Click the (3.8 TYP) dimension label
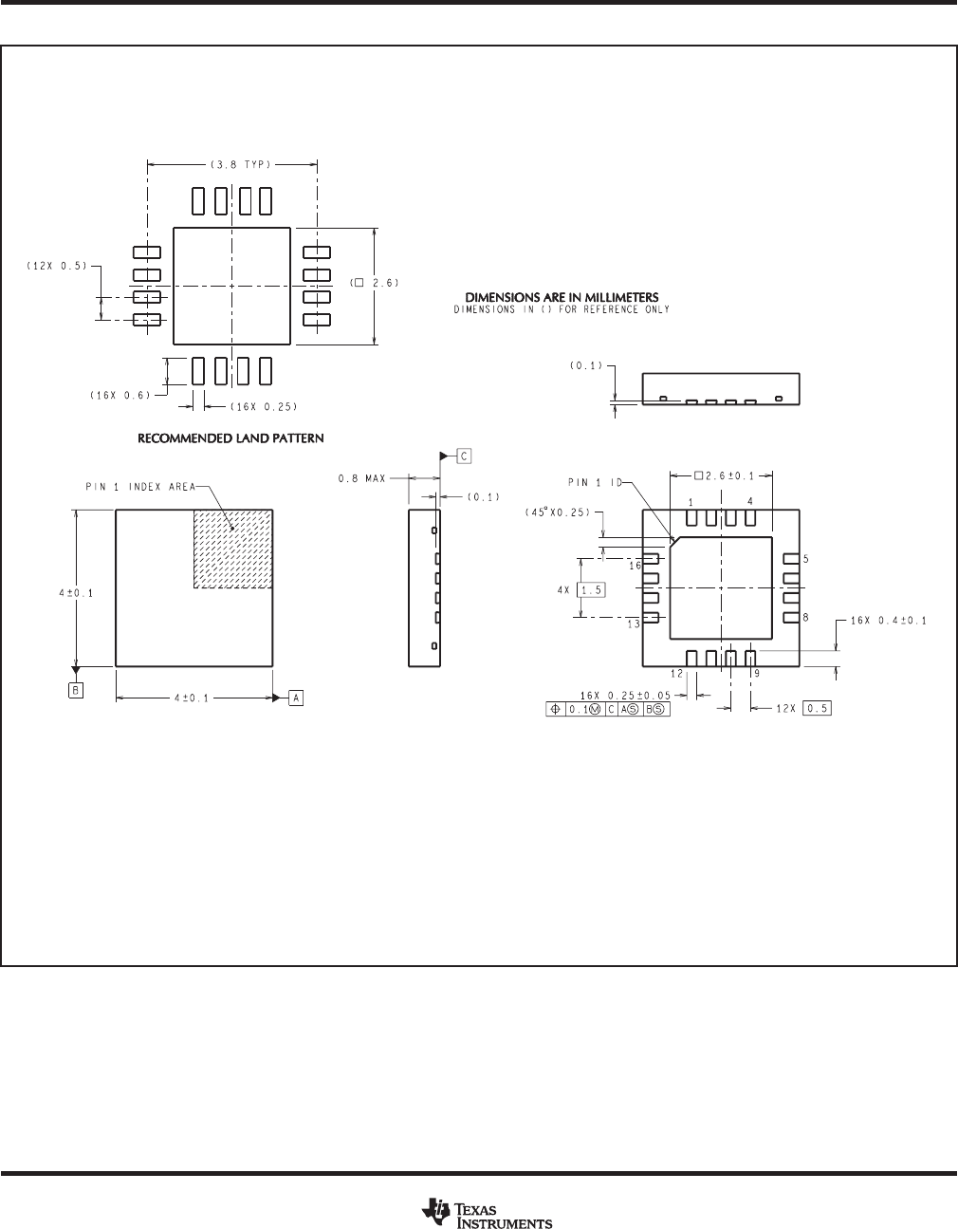coord(241,164)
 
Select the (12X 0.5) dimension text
coord(57,266)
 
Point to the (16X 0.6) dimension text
coord(120,396)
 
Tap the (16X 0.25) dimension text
coord(264,406)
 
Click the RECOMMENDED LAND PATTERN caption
coord(230,438)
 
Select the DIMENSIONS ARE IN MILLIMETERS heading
coord(562,297)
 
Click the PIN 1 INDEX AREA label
coord(140,487)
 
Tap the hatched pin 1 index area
coord(233,549)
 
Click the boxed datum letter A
coord(296,698)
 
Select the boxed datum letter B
coord(76,690)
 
